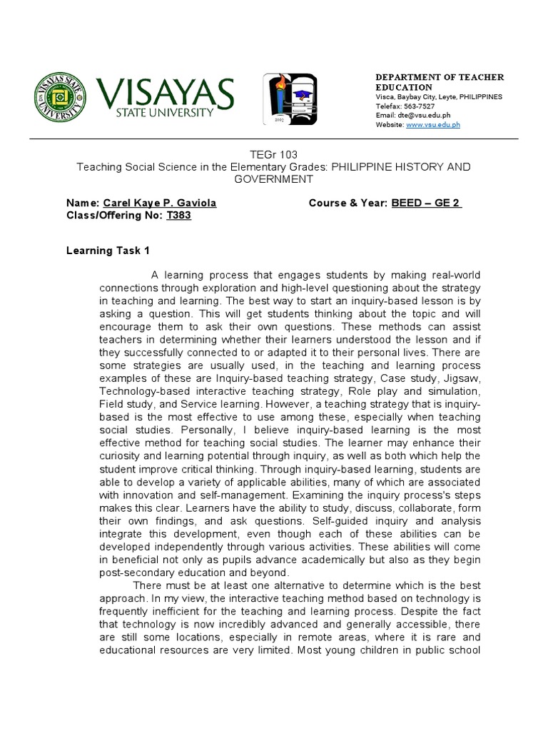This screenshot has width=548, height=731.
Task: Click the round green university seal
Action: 61,97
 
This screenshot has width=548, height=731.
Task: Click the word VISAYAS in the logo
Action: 166,92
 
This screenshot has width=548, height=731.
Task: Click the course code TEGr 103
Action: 273,154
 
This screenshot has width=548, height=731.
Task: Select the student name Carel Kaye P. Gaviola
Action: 160,203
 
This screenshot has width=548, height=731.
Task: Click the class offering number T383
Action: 178,216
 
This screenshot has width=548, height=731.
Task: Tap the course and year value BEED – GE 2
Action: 427,203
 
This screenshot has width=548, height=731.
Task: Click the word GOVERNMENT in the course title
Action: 274,178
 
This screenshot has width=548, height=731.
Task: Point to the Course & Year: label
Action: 348,203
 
